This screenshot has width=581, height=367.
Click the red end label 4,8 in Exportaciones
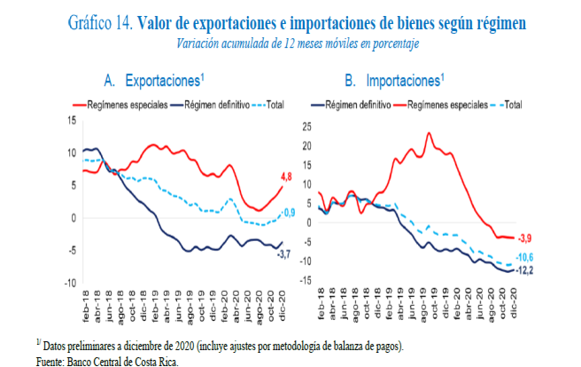tap(289, 176)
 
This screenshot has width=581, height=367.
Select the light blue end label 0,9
tap(290, 212)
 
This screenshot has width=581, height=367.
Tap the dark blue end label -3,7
tap(283, 255)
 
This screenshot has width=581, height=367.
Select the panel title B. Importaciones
tap(391, 82)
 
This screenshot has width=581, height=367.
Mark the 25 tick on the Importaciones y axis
tap(307, 124)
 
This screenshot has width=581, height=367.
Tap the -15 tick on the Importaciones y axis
tap(306, 280)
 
